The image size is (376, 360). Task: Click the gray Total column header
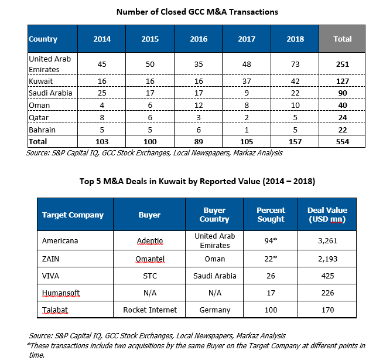click(x=342, y=39)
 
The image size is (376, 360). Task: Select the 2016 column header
click(x=199, y=39)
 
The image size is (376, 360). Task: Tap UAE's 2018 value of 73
click(x=295, y=64)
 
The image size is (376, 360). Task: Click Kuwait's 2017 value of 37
click(x=247, y=81)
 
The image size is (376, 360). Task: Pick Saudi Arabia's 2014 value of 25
click(x=102, y=93)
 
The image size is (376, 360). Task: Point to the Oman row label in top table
click(x=39, y=105)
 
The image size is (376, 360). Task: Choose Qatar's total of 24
click(x=343, y=118)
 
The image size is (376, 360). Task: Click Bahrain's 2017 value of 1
click(x=247, y=130)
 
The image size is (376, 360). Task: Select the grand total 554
click(x=343, y=142)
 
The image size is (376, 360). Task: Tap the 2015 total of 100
click(x=150, y=142)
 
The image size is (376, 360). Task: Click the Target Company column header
click(x=73, y=215)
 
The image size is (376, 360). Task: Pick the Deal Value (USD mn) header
click(x=327, y=215)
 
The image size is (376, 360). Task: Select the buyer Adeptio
click(x=150, y=241)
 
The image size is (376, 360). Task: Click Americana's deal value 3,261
click(x=327, y=241)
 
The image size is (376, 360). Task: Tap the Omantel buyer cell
click(x=150, y=259)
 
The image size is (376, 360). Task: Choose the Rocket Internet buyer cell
click(x=150, y=310)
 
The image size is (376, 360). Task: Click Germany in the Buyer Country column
click(x=215, y=310)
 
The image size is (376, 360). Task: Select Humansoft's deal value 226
click(x=327, y=293)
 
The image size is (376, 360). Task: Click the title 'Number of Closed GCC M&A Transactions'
click(x=197, y=12)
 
